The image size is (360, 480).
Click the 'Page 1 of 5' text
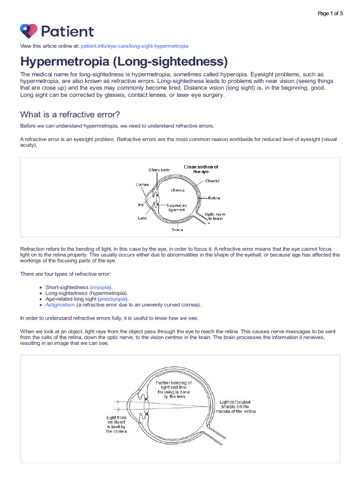[330, 13]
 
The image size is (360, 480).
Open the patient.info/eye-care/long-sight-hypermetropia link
[135, 46]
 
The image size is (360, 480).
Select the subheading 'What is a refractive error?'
[73, 114]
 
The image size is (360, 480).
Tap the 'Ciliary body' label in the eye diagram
[159, 169]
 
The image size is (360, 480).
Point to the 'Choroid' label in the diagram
[212, 180]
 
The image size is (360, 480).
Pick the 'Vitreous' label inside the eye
[177, 190]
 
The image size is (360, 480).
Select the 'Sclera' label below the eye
[177, 230]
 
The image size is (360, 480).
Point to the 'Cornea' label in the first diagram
[142, 185]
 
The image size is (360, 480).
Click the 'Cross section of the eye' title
[201, 169]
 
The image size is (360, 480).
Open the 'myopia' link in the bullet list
[101, 287]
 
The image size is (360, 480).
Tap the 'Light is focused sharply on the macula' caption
[239, 406]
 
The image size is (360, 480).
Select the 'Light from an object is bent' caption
[116, 424]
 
